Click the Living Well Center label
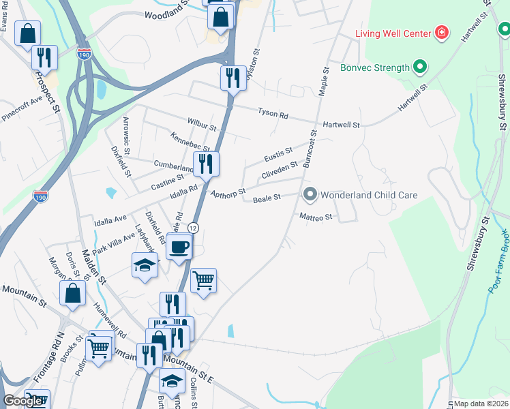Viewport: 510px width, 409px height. (393, 33)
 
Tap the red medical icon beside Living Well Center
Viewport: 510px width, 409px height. (442, 33)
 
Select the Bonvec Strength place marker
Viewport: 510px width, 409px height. (421, 67)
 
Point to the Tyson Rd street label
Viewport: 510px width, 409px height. (273, 113)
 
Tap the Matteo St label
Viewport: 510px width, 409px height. (316, 217)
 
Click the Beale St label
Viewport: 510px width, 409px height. (267, 199)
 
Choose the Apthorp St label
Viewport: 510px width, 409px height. (228, 194)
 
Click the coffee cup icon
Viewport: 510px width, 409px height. (179, 247)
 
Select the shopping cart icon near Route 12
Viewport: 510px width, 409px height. (204, 279)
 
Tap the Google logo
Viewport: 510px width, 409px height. (22, 401)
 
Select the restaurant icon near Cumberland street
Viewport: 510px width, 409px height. (205, 164)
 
